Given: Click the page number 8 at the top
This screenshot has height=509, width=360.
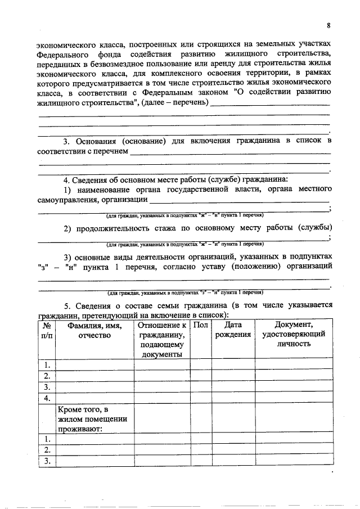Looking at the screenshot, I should click(328, 26).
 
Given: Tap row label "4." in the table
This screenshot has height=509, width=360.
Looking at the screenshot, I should click(47, 398).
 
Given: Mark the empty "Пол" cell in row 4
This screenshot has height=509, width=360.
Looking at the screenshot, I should click(200, 398).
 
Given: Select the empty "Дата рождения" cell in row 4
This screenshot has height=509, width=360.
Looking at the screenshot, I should click(233, 398).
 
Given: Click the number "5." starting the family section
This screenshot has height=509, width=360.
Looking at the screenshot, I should click(67, 305).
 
